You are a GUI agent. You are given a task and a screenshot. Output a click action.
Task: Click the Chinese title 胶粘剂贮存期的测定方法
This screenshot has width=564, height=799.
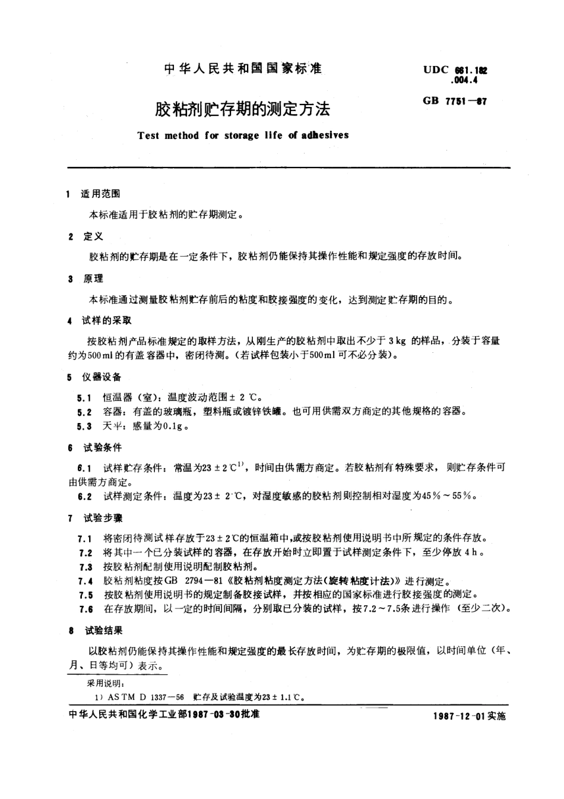242,109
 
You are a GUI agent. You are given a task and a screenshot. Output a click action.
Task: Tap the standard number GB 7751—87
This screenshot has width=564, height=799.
455,101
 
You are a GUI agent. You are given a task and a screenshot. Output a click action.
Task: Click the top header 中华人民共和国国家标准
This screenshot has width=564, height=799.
242,69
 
